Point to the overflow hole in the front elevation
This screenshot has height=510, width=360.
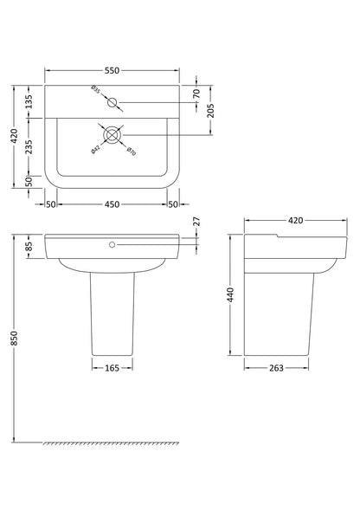tap(112, 245)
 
